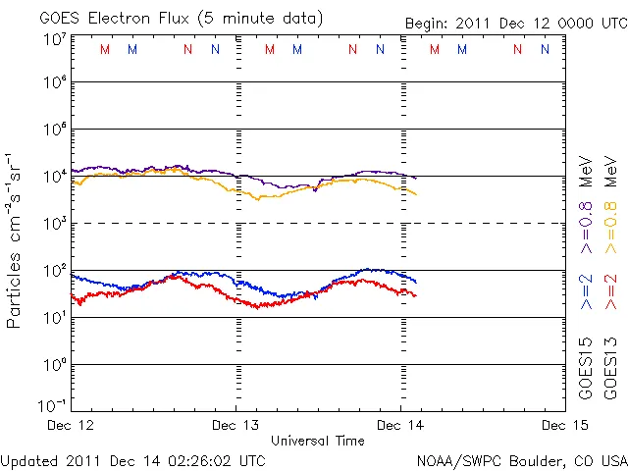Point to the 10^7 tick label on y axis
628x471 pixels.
54,38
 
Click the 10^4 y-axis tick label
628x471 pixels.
54,176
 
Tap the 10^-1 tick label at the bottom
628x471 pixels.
52,405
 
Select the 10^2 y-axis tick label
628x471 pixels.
54,270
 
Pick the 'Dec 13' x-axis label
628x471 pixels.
235,425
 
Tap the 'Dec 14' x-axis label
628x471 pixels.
400,425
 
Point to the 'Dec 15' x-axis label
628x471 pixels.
564,425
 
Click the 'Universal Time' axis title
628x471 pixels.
317,441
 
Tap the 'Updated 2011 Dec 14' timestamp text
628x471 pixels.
132,460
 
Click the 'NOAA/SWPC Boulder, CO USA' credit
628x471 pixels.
521,460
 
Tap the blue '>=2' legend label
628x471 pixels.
586,293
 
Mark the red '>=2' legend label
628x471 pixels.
609,293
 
